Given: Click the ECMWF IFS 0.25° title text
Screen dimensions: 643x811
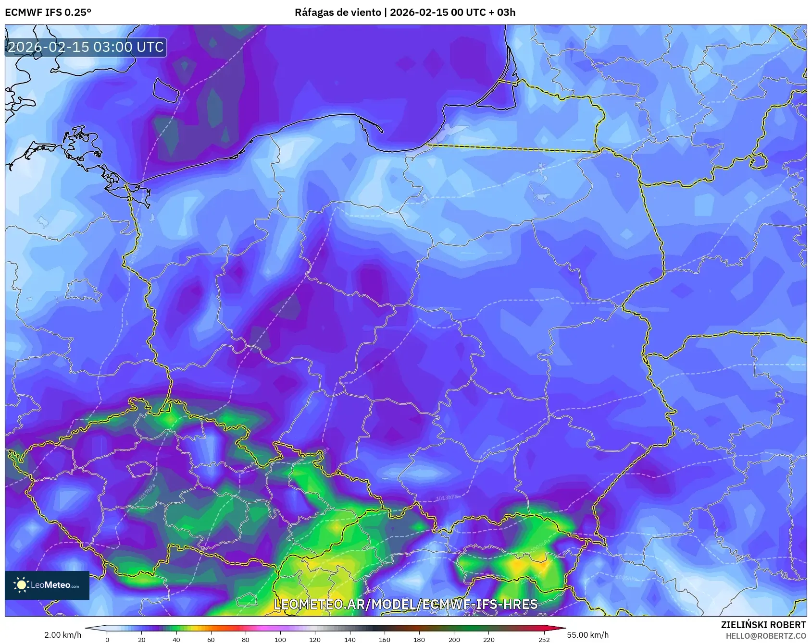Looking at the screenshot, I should (48, 12).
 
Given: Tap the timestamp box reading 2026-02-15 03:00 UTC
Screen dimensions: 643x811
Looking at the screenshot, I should (86, 47).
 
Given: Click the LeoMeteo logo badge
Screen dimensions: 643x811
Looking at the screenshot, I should (47, 585).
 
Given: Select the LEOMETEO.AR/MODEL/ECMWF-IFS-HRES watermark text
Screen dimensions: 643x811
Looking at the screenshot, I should (405, 604).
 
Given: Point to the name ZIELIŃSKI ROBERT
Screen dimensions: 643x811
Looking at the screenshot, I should (763, 625).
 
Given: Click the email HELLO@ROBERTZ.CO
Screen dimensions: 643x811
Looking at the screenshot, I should (765, 636).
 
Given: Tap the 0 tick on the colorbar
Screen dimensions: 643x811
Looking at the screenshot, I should (107, 639).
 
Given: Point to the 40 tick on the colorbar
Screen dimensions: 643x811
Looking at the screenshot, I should (176, 639).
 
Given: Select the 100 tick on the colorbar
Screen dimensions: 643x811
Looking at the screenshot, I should (280, 639).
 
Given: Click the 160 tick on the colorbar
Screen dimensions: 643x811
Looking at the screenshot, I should (385, 639).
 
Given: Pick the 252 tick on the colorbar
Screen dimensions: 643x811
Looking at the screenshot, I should (544, 639).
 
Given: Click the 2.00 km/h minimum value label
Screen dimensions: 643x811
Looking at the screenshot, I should (62, 635).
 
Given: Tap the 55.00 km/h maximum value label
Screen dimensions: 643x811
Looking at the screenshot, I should (587, 635).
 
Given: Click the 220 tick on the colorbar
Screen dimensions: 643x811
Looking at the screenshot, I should (489, 639).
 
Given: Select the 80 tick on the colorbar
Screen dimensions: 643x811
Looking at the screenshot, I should (246, 639).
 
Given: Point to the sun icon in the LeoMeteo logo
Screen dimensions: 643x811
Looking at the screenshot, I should (21, 585).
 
